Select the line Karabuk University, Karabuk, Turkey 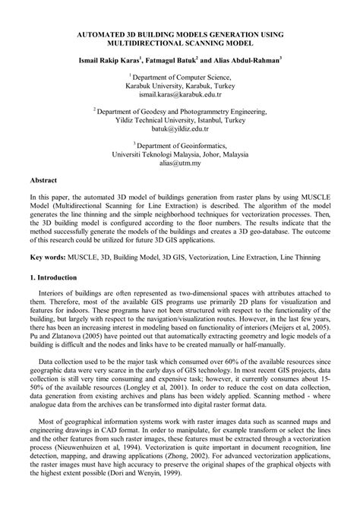click(x=180, y=87)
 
